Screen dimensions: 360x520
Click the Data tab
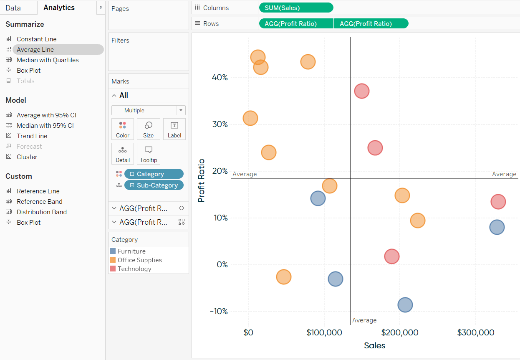click(x=13, y=8)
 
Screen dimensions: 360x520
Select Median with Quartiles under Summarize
click(x=48, y=60)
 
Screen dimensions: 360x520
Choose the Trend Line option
click(x=32, y=136)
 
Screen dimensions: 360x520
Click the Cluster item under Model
click(x=27, y=157)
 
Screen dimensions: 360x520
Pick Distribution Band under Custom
click(x=42, y=212)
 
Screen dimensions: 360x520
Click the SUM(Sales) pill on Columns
click(x=296, y=8)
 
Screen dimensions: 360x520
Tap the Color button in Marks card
click(x=123, y=129)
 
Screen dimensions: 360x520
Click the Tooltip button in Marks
click(x=148, y=154)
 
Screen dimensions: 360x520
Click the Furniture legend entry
click(x=131, y=251)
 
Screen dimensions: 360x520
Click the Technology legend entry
click(x=134, y=269)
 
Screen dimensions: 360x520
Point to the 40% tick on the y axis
click(x=219, y=77)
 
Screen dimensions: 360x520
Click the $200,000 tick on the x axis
click(x=400, y=333)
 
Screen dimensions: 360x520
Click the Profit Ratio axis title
click(x=202, y=180)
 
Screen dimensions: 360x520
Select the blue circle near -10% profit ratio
click(x=405, y=305)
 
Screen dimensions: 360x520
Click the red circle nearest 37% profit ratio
click(x=362, y=91)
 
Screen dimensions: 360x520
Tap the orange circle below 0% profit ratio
click(x=283, y=277)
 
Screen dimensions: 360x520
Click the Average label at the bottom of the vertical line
click(x=364, y=320)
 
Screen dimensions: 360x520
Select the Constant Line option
click(x=36, y=39)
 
